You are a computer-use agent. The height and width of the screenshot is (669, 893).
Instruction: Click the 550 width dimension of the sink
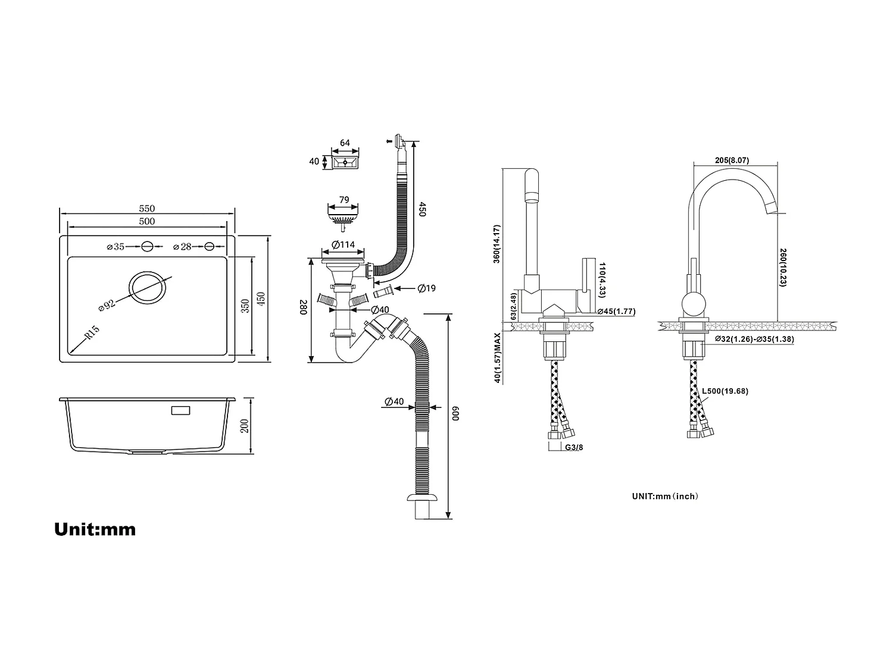(147, 209)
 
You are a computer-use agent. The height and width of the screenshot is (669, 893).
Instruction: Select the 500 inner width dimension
(147, 222)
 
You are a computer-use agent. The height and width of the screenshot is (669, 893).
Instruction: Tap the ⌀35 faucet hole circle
(148, 246)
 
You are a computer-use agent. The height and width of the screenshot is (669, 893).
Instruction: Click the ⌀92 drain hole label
(107, 305)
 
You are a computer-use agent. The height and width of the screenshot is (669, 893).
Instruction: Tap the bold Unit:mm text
(95, 529)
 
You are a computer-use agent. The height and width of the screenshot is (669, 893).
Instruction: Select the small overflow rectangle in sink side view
(180, 410)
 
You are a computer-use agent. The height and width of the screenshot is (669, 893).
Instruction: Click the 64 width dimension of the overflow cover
(345, 143)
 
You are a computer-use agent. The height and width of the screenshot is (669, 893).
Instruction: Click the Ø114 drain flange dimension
(342, 244)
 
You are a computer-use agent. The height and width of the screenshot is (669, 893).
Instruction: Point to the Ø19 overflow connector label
(426, 288)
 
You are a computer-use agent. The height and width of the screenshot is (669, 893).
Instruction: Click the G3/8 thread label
(573, 447)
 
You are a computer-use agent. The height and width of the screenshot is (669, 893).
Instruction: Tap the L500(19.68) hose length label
(725, 391)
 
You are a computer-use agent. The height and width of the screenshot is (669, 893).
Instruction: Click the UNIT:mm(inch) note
(665, 496)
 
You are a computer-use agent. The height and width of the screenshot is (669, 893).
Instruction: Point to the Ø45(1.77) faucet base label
(617, 311)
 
